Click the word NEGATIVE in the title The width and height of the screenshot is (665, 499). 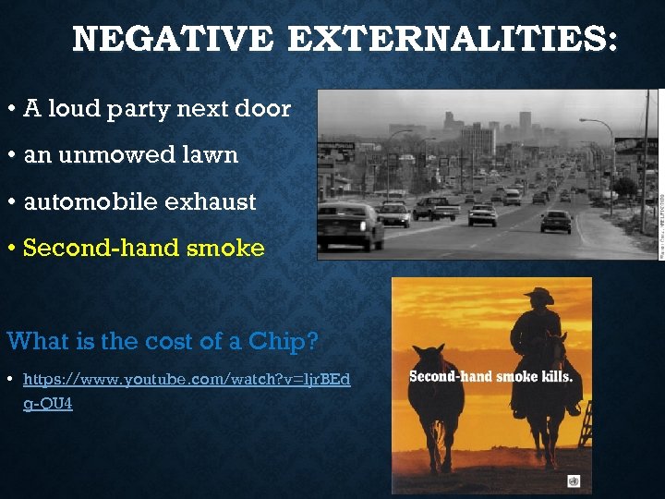tap(172, 40)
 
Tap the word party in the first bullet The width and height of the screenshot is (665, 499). tap(152, 110)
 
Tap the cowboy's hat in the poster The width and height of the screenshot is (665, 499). tap(538, 297)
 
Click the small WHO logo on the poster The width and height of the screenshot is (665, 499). tap(574, 481)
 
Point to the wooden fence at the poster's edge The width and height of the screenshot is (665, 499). tap(585, 421)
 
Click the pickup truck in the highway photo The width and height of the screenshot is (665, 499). tap(435, 208)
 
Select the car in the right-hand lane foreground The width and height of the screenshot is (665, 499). tap(556, 220)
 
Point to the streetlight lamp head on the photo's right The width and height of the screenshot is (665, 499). tap(583, 120)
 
